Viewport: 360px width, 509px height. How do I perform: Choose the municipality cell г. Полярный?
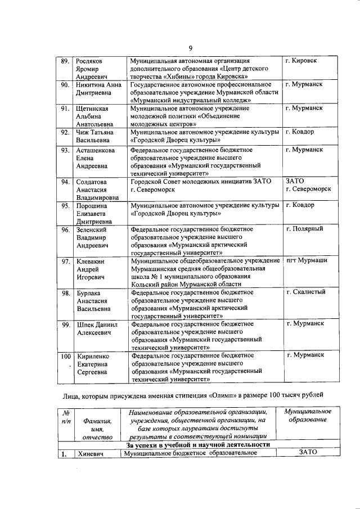[304, 229]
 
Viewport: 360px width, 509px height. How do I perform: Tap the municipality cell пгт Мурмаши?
[307, 260]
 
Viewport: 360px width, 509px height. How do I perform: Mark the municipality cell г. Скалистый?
[306, 292]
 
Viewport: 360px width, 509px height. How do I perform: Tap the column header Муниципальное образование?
[306, 416]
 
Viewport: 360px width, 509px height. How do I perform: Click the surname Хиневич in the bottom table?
[92, 454]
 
